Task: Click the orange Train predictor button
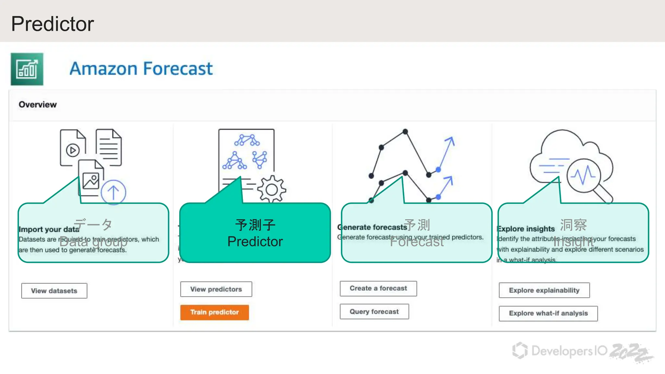(x=214, y=312)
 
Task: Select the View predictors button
(x=216, y=289)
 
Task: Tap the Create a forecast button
(x=378, y=288)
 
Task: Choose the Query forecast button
(x=374, y=312)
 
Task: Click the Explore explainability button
(x=544, y=290)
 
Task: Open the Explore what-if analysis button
(x=548, y=313)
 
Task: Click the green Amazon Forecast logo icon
(x=27, y=69)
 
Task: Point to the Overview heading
(x=38, y=105)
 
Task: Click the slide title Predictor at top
(x=53, y=24)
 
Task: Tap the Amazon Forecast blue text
(x=141, y=69)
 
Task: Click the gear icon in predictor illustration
(x=271, y=189)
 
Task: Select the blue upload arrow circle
(x=113, y=192)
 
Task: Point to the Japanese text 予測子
(x=255, y=225)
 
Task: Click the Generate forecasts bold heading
(x=372, y=227)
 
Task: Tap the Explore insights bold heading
(x=526, y=229)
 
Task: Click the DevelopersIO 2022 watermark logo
(x=581, y=352)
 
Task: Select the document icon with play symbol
(x=73, y=148)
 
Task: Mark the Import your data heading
(x=49, y=229)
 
